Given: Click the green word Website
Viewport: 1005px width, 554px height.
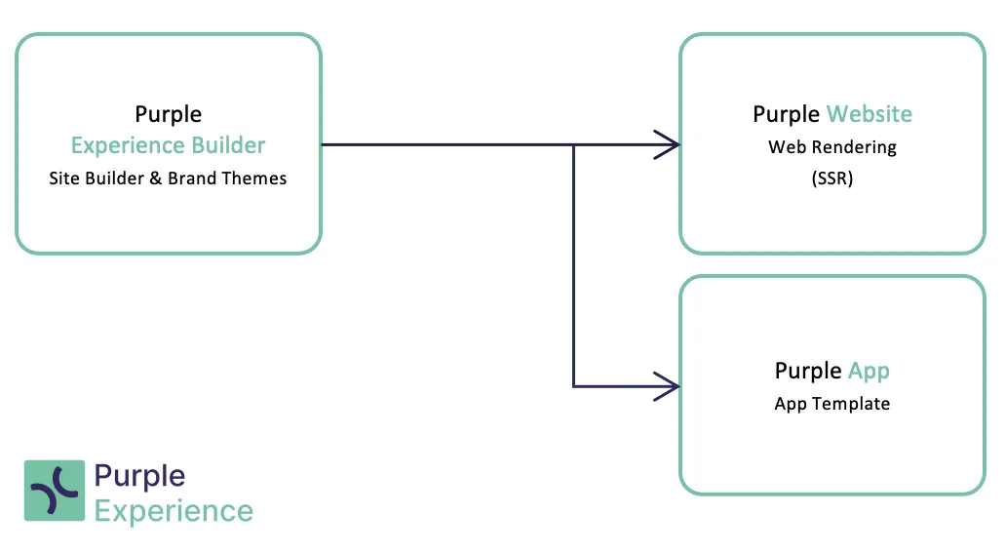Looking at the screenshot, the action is click(x=870, y=114).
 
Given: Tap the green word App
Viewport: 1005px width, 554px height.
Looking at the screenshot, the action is click(x=870, y=372).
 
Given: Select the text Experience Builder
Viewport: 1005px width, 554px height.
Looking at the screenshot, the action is click(x=168, y=146).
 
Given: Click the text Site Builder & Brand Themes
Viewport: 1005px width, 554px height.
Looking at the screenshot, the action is click(x=168, y=178).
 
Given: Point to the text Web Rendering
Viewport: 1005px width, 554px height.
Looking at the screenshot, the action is click(x=832, y=147).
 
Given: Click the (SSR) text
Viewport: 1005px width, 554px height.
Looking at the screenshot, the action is click(x=832, y=178).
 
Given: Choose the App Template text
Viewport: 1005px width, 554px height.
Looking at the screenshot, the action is click(x=832, y=404).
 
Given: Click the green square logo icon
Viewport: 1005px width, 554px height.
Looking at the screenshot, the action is click(x=55, y=491).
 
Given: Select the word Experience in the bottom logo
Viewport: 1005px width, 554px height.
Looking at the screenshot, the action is click(x=174, y=512).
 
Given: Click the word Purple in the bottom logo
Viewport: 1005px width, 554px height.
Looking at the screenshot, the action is click(x=139, y=477).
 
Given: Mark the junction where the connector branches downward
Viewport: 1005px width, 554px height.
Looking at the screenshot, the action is click(x=573, y=145).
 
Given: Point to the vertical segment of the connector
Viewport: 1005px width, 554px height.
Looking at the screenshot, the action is click(x=573, y=265).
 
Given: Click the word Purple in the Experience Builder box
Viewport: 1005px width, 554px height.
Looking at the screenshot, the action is click(x=168, y=115).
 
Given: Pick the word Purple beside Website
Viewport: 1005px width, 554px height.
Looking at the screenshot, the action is click(x=787, y=115).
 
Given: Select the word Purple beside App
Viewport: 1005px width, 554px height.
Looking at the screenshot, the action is click(x=808, y=372).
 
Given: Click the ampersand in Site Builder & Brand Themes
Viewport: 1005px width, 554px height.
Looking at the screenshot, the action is click(x=155, y=178).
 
